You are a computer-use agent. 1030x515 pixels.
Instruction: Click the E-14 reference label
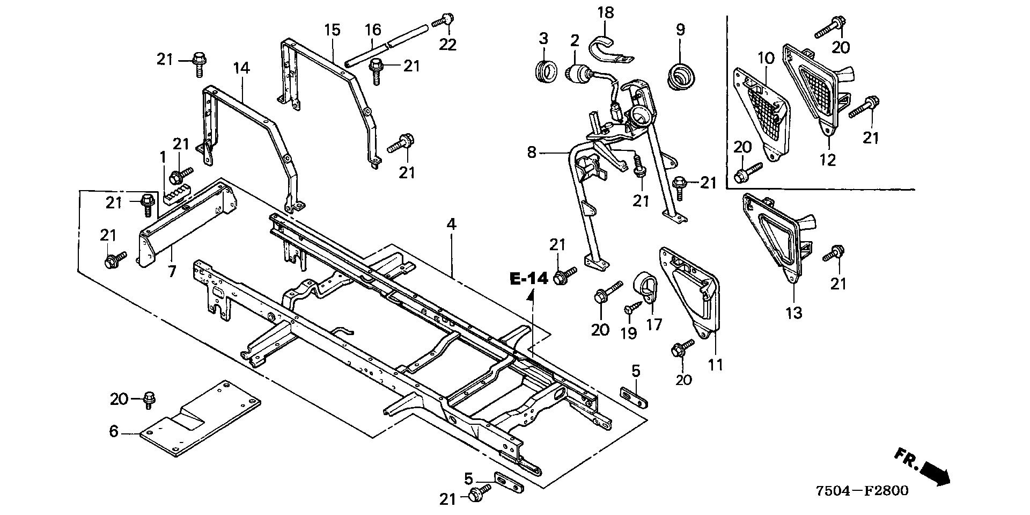click(529, 278)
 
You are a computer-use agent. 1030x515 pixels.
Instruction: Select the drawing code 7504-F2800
click(862, 491)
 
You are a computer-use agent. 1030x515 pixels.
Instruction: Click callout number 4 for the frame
click(451, 225)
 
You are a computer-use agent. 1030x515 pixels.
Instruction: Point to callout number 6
click(114, 431)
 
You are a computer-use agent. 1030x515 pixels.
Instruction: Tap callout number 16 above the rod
click(373, 29)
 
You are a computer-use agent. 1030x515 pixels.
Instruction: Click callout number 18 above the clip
click(606, 12)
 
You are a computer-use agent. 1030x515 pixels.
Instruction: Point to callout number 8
click(532, 153)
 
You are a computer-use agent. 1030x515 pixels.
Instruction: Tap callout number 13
click(794, 312)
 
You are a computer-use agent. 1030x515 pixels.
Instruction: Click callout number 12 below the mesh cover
click(828, 159)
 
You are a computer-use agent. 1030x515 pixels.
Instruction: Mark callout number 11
click(715, 365)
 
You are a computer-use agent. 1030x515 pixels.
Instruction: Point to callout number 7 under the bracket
click(172, 272)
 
